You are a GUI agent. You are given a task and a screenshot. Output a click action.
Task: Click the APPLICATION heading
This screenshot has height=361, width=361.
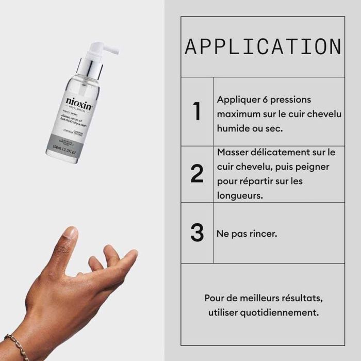click(263, 46)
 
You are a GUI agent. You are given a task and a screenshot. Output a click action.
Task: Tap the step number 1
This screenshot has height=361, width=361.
click(196, 112)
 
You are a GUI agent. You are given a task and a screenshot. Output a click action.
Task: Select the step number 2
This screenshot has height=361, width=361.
click(197, 174)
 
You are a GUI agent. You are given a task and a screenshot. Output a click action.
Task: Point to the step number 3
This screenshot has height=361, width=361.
click(197, 233)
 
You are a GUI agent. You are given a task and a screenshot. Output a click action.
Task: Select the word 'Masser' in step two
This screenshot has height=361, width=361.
click(233, 153)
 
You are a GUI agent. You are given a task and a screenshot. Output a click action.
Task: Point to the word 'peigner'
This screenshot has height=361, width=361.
click(311, 167)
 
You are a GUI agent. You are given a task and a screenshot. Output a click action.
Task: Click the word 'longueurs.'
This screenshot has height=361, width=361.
click(240, 196)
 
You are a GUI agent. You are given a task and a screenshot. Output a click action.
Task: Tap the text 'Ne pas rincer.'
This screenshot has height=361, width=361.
click(247, 234)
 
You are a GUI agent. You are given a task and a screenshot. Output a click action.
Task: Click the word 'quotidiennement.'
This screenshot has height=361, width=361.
click(286, 313)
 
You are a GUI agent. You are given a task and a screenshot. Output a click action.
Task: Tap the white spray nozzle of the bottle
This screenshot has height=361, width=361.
click(103, 50)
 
